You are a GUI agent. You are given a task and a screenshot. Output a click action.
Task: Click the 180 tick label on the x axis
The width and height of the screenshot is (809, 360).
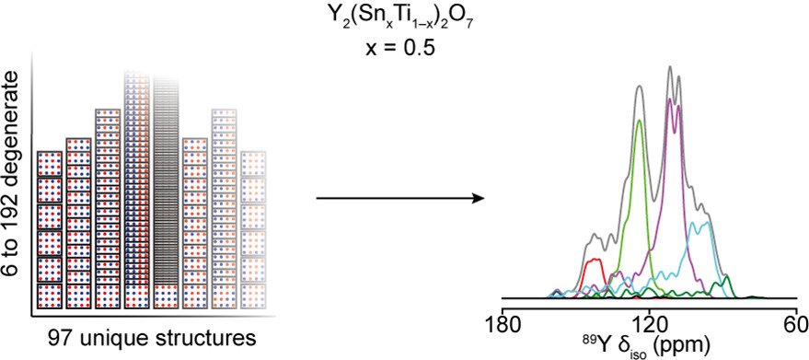pos(502,324)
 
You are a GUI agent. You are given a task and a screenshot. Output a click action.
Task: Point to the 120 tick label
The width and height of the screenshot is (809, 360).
pos(649,324)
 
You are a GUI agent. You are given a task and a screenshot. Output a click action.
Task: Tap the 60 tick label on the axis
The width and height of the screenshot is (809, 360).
pos(797,324)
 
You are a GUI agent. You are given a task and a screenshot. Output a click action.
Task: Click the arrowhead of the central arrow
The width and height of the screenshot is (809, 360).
pos(478,198)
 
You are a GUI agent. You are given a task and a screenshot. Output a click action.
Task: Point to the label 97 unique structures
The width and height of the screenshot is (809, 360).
pos(152,339)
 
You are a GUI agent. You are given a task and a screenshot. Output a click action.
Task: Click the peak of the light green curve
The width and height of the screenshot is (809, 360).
pos(640,121)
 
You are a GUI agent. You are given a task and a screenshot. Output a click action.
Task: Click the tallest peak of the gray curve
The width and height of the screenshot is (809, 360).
pos(670,66)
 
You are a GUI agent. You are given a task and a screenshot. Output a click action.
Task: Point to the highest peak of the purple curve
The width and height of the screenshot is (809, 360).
pos(670,99)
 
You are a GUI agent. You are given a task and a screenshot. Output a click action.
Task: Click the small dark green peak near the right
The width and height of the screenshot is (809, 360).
pos(726,277)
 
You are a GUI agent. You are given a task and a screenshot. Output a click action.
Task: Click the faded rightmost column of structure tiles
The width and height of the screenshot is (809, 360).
pos(254,230)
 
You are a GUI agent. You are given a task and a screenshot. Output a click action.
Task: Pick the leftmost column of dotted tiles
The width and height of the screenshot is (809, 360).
pos(50,230)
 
